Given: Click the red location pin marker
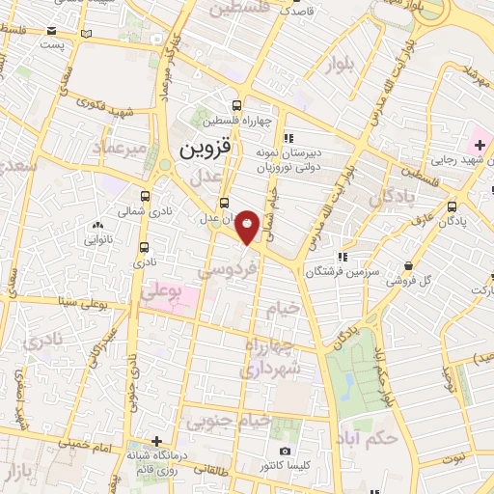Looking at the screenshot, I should (248, 228).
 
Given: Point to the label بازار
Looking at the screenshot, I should (18, 474).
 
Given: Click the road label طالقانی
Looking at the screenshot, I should (223, 467).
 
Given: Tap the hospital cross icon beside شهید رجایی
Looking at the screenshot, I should (480, 144).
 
